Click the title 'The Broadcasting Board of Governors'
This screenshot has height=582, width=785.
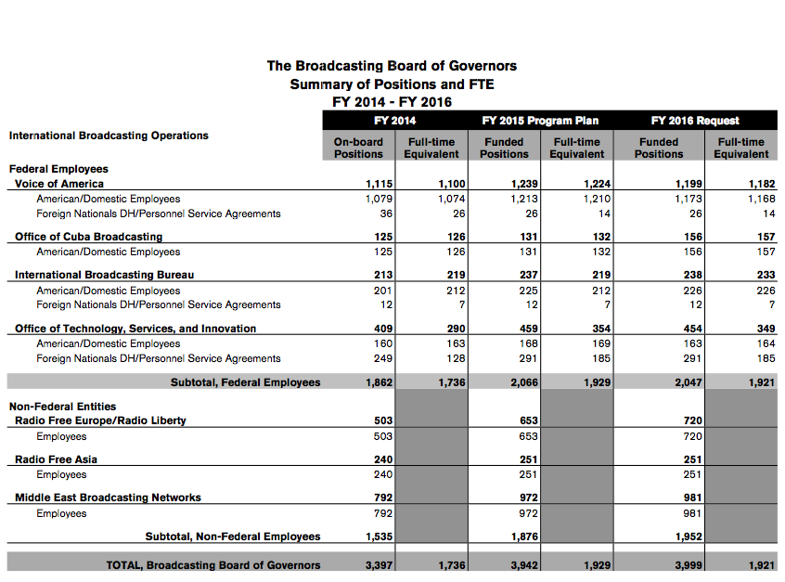point(392,66)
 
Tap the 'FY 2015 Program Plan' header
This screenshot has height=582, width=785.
point(540,121)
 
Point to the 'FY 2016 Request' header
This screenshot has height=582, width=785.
point(695,121)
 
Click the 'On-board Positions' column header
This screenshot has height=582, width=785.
point(358,148)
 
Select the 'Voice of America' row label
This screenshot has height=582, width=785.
point(59,184)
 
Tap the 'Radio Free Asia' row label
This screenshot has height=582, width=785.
point(56,459)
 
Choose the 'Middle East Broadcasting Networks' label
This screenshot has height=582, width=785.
point(108,498)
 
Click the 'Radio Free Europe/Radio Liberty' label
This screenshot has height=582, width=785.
point(100,420)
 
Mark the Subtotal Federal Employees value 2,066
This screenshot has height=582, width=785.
point(525,382)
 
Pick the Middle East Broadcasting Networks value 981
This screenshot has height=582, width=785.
point(691,498)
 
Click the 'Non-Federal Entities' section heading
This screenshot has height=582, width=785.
point(62,407)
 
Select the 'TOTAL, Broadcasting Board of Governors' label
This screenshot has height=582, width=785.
point(212,564)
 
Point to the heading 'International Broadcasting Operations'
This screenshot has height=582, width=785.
point(109,136)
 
